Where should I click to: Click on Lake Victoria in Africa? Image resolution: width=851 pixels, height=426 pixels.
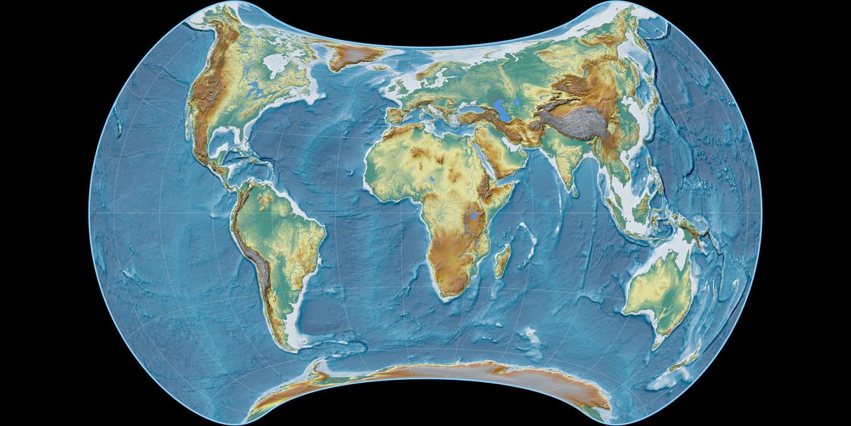coord(473,216)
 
